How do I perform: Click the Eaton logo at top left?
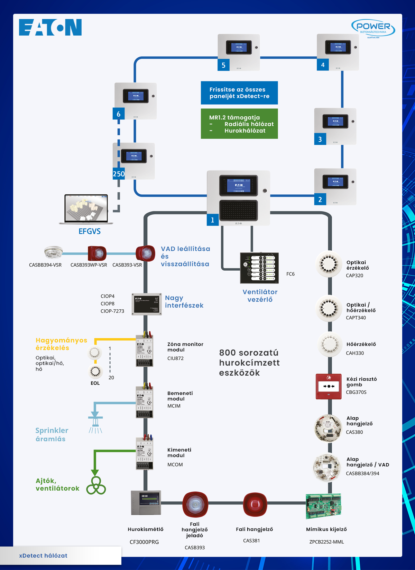pyautogui.click(x=50, y=27)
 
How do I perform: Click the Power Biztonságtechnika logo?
pyautogui.click(x=373, y=28)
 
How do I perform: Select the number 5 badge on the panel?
pyautogui.click(x=223, y=65)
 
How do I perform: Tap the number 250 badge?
pyautogui.click(x=119, y=174)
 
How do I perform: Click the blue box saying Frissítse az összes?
pyautogui.click(x=239, y=93)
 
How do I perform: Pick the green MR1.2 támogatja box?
pyautogui.click(x=239, y=124)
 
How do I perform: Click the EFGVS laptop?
pyautogui.click(x=86, y=209)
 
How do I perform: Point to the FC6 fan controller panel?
pyautogui.click(x=259, y=268)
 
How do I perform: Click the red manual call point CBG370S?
pyautogui.click(x=329, y=386)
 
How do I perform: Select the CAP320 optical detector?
pyautogui.click(x=329, y=264)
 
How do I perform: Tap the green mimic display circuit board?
pyautogui.click(x=324, y=506)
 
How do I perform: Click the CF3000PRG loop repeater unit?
pyautogui.click(x=146, y=503)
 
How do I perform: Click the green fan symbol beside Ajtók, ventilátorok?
pyautogui.click(x=96, y=486)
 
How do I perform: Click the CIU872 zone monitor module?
pyautogui.click(x=144, y=350)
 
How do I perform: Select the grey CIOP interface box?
pyautogui.click(x=147, y=304)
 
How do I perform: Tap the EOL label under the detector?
pyautogui.click(x=95, y=383)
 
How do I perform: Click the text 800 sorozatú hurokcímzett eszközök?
pyautogui.click(x=249, y=363)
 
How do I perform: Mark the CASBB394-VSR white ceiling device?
pyautogui.click(x=53, y=252)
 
